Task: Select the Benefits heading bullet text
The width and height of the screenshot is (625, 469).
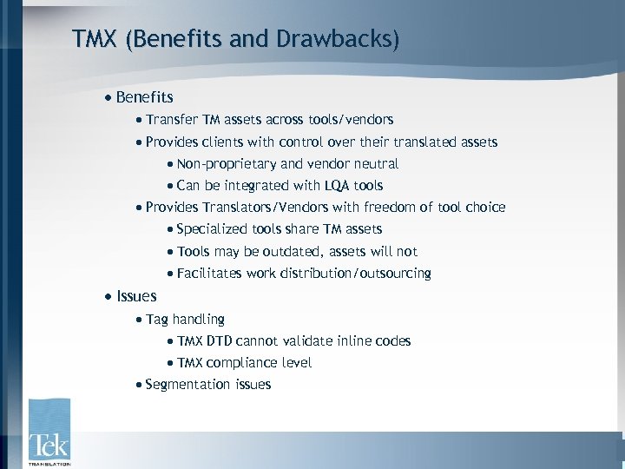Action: [x=144, y=97]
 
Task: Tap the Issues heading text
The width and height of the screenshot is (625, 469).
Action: [x=136, y=296]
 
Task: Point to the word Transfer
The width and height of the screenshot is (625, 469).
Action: [x=171, y=119]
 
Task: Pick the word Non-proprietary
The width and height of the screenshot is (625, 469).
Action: [x=227, y=163]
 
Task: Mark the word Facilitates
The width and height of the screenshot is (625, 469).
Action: [x=209, y=274]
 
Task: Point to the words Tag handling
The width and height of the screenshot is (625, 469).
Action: [x=185, y=319]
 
